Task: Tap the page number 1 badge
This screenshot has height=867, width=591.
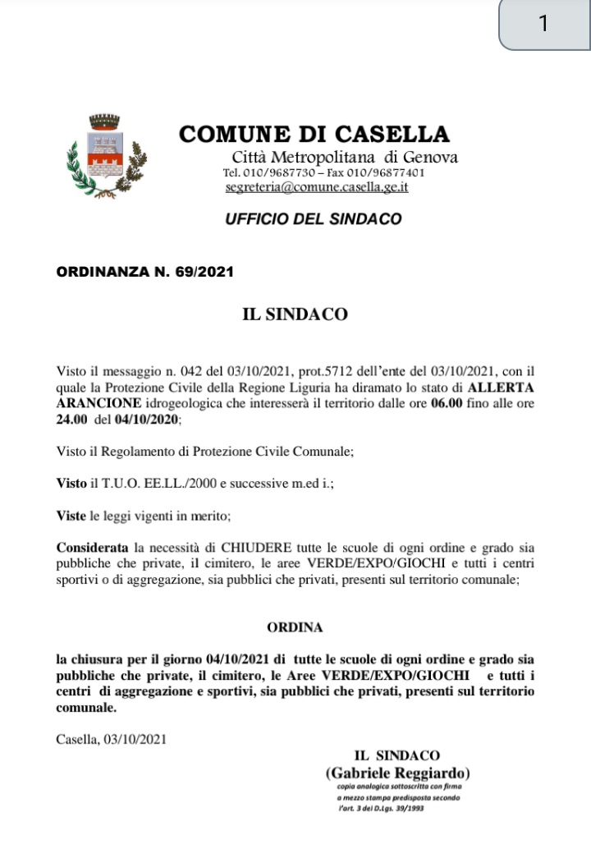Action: click(x=543, y=24)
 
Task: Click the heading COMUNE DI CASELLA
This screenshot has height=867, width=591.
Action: click(x=314, y=134)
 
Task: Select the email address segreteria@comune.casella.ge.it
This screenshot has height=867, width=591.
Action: click(x=317, y=187)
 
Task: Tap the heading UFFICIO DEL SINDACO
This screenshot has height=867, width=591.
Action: click(x=314, y=219)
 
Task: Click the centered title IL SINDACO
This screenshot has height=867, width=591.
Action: click(x=295, y=314)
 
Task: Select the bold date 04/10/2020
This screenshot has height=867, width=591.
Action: click(x=147, y=418)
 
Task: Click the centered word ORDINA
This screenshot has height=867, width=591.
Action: click(x=295, y=627)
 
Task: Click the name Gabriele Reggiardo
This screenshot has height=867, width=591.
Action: click(x=398, y=773)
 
